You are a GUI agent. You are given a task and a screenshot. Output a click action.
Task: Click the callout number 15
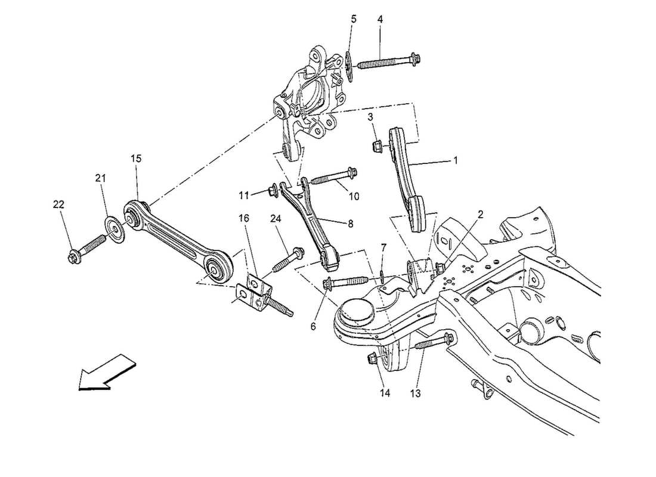coord(137,159)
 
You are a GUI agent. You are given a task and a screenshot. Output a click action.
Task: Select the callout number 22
coord(58,204)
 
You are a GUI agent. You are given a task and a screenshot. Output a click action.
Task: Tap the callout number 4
coord(380,19)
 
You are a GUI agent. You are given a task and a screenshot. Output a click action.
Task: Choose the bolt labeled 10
coord(333,176)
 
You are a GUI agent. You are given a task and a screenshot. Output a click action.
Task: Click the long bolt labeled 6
coord(349,281)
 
